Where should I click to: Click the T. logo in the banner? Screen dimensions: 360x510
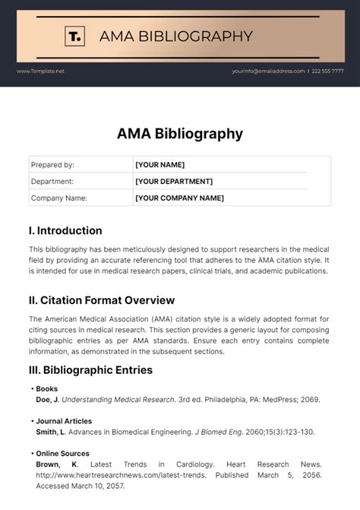click(x=74, y=36)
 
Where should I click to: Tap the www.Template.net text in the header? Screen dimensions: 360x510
click(x=40, y=71)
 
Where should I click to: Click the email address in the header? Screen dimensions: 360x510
click(x=268, y=71)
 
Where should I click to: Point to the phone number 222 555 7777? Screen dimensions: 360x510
click(x=327, y=71)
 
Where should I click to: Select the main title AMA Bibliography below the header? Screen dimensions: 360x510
click(x=180, y=134)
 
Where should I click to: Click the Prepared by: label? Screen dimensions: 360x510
click(x=52, y=164)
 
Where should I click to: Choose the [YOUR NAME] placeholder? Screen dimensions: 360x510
click(x=159, y=164)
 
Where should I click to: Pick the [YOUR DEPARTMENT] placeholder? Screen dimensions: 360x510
click(x=173, y=181)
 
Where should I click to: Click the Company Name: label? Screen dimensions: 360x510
click(x=58, y=198)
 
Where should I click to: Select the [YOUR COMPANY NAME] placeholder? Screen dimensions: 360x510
click(x=179, y=198)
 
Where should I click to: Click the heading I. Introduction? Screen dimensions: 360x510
click(x=65, y=230)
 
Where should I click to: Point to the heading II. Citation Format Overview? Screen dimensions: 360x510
click(x=101, y=300)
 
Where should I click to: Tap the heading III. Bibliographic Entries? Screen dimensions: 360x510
click(x=90, y=370)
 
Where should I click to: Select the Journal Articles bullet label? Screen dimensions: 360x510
click(x=64, y=420)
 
